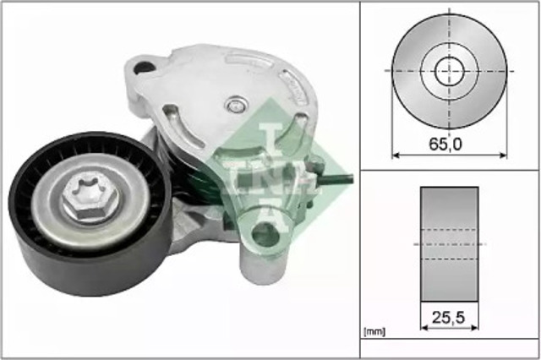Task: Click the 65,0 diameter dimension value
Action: pyautogui.click(x=445, y=145)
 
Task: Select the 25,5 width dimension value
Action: pyautogui.click(x=449, y=318)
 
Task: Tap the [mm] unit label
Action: pyautogui.click(x=374, y=332)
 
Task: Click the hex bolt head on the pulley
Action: pyautogui.click(x=90, y=200)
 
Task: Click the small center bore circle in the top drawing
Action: pyautogui.click(x=449, y=71)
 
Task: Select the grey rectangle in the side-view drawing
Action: pyautogui.click(x=449, y=244)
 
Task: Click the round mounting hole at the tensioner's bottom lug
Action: pyautogui.click(x=265, y=234)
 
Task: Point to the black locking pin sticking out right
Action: pyautogui.click(x=336, y=179)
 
